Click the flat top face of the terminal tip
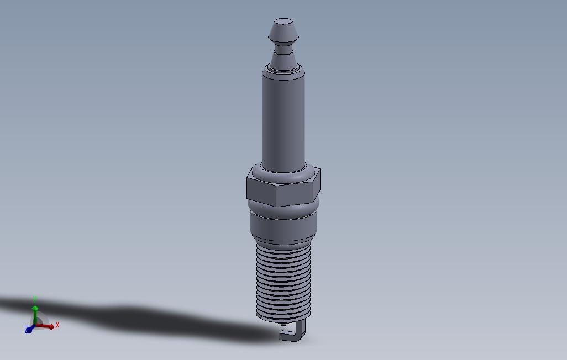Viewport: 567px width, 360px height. click(283, 23)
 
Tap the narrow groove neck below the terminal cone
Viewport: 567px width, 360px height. click(283, 49)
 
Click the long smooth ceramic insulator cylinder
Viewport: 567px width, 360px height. click(283, 121)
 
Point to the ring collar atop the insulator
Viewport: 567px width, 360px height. click(283, 70)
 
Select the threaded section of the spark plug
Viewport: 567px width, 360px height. click(284, 282)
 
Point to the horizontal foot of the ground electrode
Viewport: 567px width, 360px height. click(288, 336)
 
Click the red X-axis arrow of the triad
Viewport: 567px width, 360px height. click(47, 326)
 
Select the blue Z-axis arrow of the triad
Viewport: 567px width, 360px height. click(29, 330)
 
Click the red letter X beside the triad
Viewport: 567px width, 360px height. click(57, 325)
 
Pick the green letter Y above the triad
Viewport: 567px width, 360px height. click(35, 299)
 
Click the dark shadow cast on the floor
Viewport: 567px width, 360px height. click(138, 317)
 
